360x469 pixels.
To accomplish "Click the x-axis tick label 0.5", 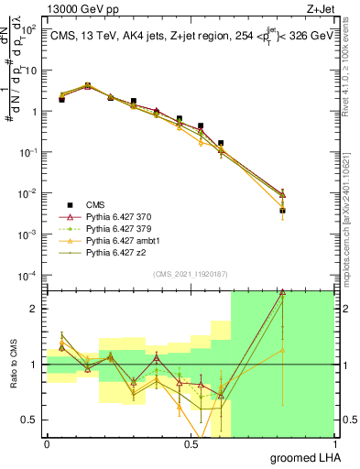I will [x=191, y=443].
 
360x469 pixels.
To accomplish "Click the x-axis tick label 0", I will [x=47, y=443].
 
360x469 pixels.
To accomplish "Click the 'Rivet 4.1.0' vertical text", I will [x=352, y=55].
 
